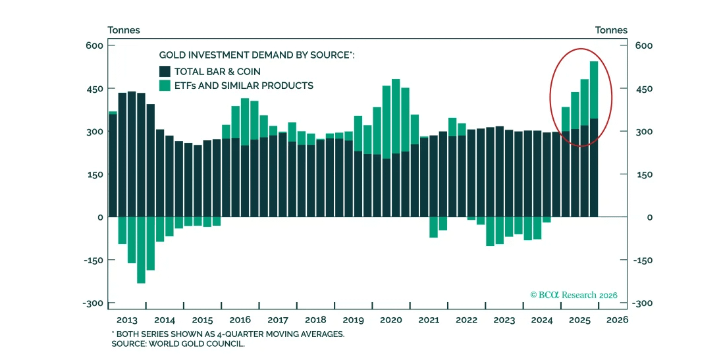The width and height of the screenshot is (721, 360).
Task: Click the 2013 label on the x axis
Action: point(127,321)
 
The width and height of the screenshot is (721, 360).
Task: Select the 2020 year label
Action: point(391,321)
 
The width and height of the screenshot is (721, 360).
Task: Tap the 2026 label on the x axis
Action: point(617,321)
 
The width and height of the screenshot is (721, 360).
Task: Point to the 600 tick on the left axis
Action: point(95,45)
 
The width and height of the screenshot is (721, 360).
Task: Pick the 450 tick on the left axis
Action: point(95,89)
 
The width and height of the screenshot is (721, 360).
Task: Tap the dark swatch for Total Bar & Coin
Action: point(165,71)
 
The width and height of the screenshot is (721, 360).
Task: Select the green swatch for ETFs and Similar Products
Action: point(165,86)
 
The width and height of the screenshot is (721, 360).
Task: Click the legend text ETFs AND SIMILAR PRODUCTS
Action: point(244,86)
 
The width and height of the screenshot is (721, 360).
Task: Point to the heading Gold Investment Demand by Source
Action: point(257,55)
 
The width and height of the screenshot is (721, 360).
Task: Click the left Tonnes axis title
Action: point(124,30)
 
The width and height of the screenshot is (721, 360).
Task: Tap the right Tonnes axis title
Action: point(611,30)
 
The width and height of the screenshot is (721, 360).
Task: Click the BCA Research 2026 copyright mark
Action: point(574,296)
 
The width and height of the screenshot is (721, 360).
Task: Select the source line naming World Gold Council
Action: point(178,344)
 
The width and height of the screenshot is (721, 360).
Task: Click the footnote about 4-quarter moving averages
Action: point(227,334)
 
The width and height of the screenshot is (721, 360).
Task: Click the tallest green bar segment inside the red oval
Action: point(593,90)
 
